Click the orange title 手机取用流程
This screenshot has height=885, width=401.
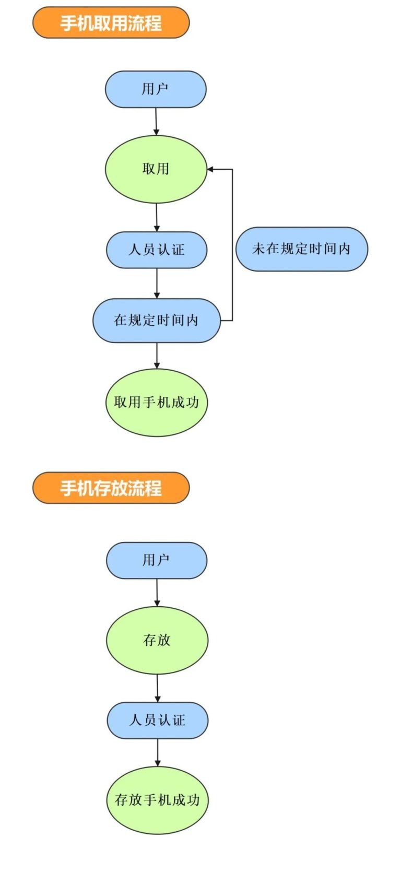(111, 23)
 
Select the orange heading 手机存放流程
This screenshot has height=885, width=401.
(111, 488)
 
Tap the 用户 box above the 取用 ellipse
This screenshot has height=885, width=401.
(156, 89)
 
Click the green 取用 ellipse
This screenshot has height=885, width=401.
(156, 169)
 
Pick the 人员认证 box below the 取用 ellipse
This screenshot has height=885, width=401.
(157, 250)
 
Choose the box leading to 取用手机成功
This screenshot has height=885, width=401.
(157, 320)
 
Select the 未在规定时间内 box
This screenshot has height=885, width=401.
(301, 249)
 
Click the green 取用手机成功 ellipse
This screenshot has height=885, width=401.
(157, 402)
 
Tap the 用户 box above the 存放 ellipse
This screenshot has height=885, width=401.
(157, 560)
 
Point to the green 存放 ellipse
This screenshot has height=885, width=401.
(157, 640)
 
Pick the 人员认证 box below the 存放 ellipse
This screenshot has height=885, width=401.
(158, 720)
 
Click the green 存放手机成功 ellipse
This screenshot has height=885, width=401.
(158, 800)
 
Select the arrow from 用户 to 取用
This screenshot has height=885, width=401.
(156, 121)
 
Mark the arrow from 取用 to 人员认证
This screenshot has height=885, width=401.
(157, 217)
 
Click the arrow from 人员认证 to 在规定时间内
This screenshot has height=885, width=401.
(157, 284)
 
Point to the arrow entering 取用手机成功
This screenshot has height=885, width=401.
(157, 356)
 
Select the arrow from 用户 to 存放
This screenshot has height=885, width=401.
(157, 592)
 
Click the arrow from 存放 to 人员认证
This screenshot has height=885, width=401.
(158, 688)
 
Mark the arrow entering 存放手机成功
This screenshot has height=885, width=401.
(158, 752)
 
